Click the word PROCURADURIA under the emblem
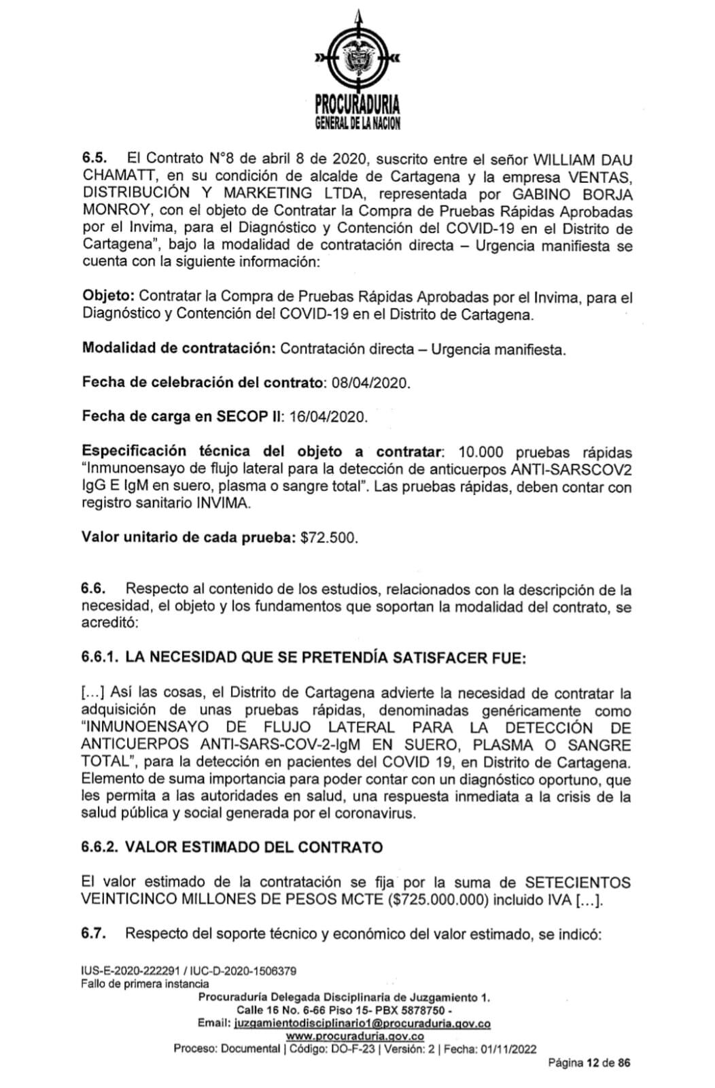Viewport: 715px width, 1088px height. click(357, 105)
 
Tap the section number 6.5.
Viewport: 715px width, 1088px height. click(95, 159)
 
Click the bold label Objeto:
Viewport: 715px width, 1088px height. click(109, 297)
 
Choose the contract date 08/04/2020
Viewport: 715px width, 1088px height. click(371, 383)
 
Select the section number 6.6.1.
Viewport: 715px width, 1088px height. click(100, 658)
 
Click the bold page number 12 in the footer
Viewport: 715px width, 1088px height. click(592, 1064)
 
